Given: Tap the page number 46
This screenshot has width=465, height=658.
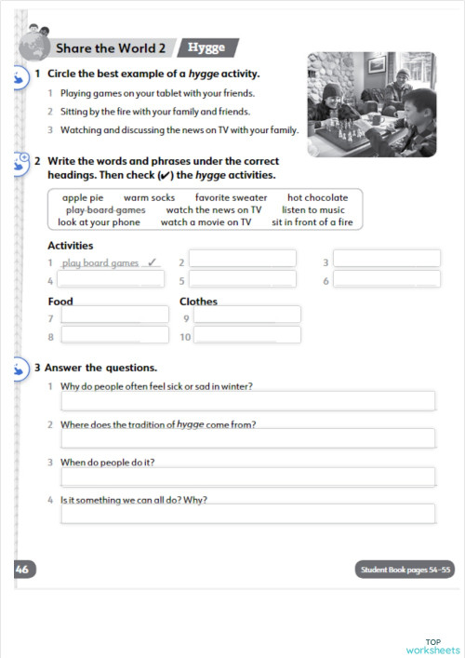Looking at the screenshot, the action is tap(22, 569).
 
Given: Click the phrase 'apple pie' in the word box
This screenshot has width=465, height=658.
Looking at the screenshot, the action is tap(83, 197).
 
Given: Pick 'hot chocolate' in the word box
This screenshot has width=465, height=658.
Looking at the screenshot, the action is tap(317, 197).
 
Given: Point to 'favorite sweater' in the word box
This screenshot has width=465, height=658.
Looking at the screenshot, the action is tap(231, 197).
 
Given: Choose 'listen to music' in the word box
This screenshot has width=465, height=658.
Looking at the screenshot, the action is tap(312, 209).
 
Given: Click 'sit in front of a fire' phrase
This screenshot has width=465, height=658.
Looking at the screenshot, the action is tap(312, 222).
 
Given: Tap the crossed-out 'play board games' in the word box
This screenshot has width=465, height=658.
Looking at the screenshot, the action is tap(99, 209).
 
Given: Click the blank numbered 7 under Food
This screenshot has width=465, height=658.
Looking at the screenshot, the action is tap(114, 316).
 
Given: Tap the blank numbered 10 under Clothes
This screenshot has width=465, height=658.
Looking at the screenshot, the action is tap(246, 335).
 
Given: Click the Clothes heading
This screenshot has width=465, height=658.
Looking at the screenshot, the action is tap(198, 302).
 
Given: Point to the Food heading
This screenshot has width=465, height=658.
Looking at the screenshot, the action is tap(60, 302).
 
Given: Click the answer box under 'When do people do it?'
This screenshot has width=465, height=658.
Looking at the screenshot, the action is tap(247, 477).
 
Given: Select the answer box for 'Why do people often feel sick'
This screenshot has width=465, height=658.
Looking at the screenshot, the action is tap(247, 401).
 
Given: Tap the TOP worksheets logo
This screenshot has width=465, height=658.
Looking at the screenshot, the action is tap(432, 646).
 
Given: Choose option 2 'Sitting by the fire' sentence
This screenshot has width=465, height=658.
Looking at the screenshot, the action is tap(154, 112).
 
